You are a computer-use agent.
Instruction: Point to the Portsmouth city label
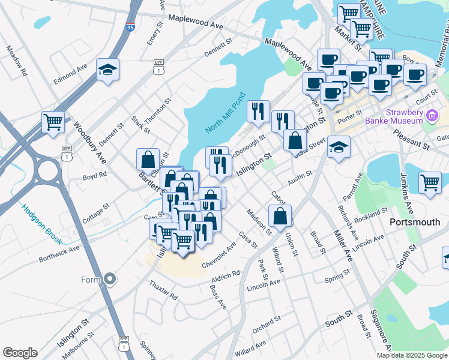(x=415, y=222)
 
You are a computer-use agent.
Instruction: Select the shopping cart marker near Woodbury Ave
(x=53, y=122)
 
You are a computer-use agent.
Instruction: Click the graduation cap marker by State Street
(x=339, y=148)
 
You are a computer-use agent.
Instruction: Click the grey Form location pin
(x=109, y=279)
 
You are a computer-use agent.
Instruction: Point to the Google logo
(x=20, y=353)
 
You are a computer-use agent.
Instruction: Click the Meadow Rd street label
(x=16, y=61)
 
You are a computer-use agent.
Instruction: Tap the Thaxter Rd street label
(x=163, y=290)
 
